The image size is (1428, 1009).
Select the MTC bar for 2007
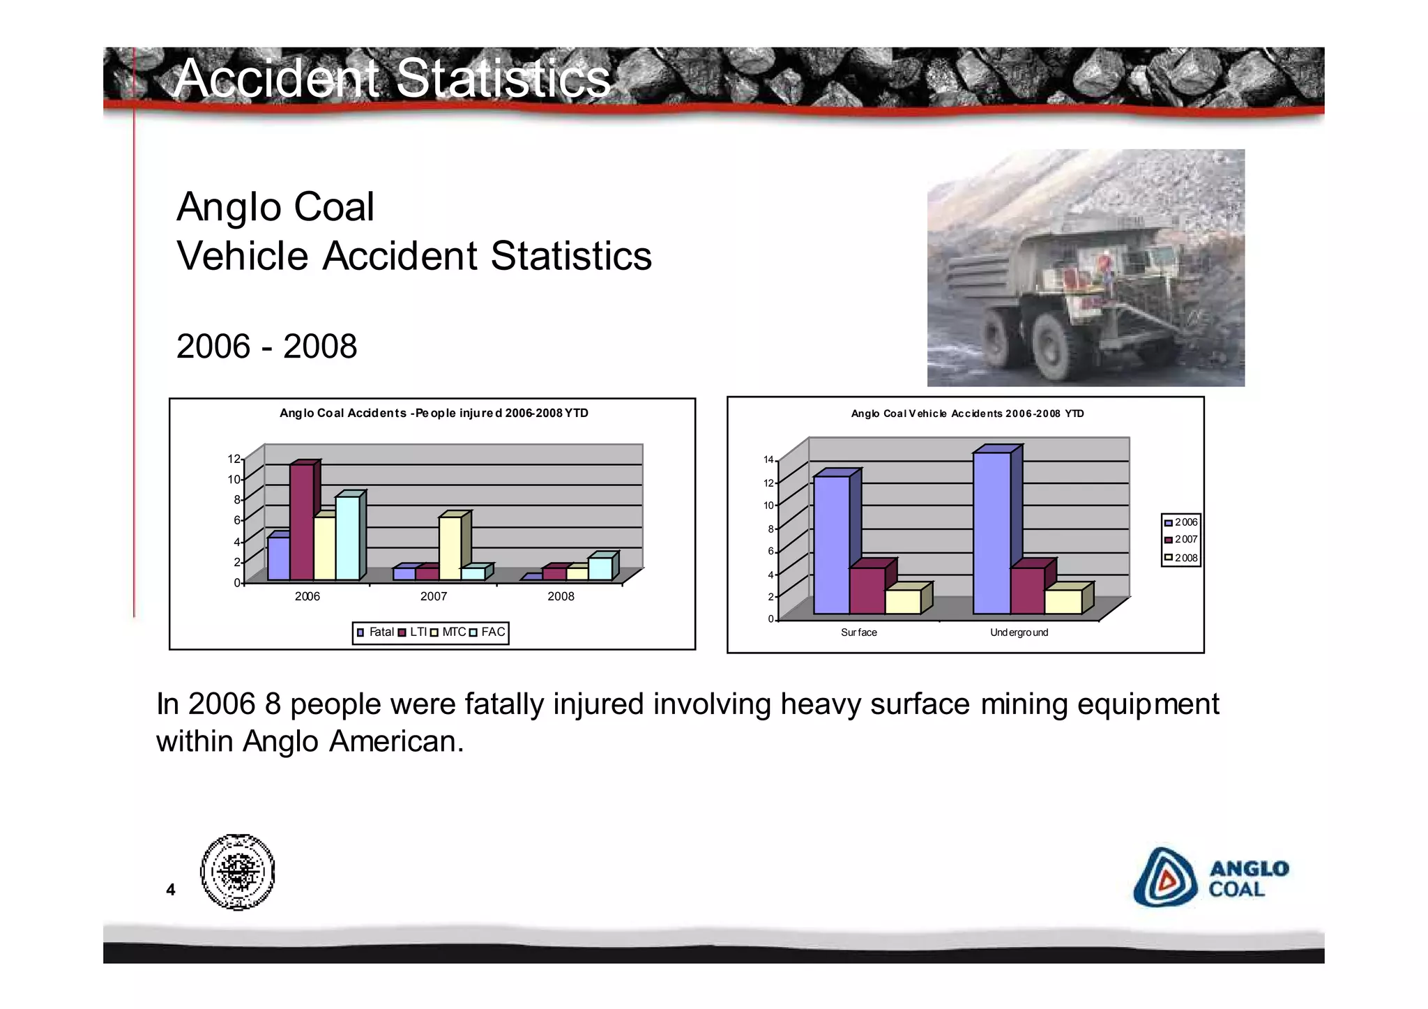[450, 548]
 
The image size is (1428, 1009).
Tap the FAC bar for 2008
[600, 568]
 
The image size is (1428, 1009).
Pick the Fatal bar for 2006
[278, 558]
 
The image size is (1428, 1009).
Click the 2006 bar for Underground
[992, 533]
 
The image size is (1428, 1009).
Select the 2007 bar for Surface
[867, 591]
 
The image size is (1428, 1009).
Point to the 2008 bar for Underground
[1063, 602]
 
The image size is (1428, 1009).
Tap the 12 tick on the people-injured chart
[234, 459]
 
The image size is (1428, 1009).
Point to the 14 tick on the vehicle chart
[768, 460]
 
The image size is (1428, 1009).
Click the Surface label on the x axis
[858, 632]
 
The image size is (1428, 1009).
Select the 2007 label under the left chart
[434, 597]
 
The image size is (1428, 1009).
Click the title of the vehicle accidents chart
[967, 414]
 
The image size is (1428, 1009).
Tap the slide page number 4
[170, 889]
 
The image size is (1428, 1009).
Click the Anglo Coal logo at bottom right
[1211, 878]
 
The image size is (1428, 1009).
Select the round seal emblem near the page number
[237, 872]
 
